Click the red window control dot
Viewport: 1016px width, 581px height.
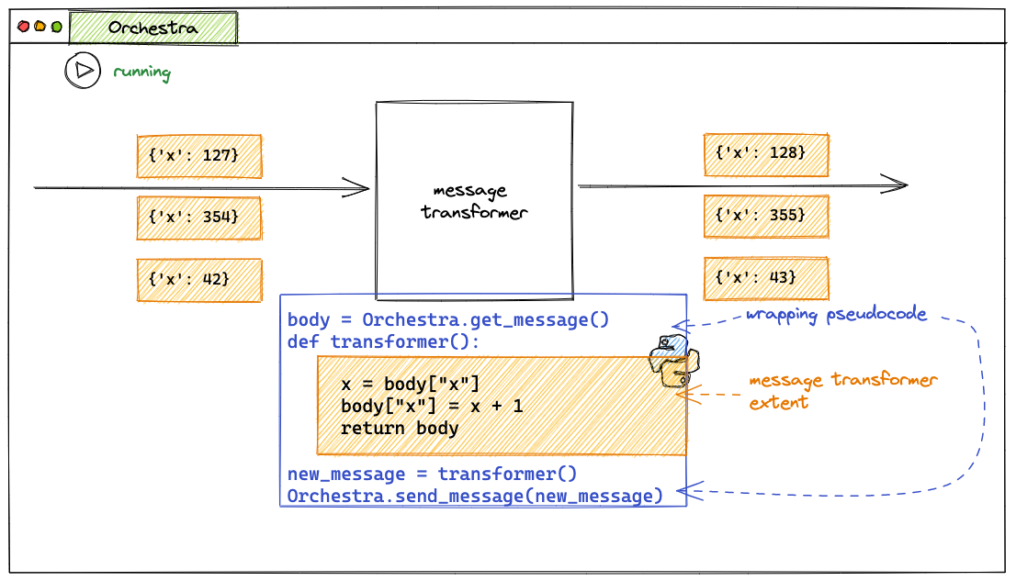23,27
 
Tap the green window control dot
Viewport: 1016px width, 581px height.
56,27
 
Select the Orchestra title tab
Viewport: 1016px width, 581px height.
152,28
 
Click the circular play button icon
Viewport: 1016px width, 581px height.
83,70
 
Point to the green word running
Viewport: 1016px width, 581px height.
141,72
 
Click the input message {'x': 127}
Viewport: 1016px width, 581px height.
199,156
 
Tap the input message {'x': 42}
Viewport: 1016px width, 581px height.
199,281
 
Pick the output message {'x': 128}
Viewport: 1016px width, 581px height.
766,154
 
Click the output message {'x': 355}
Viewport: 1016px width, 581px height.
766,217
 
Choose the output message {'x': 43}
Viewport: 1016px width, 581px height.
766,278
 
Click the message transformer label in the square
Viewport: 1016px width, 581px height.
474,201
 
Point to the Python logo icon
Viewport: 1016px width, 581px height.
674,361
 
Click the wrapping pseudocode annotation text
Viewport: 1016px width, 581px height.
837,315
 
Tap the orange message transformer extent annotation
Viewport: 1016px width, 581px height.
843,391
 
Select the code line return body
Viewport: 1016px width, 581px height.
400,429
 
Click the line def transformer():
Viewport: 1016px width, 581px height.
384,342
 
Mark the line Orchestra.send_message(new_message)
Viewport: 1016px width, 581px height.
475,497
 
